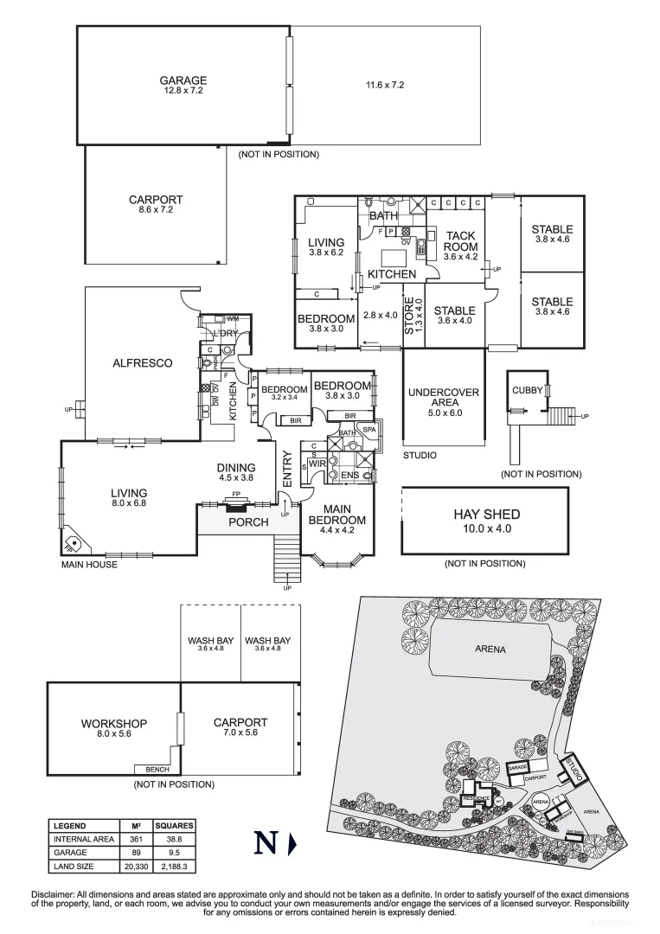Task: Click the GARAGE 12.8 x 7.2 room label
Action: point(183,85)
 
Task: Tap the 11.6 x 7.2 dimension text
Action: point(385,85)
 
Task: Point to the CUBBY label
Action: point(527,390)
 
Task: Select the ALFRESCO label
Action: point(142,363)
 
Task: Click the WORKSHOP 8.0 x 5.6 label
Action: point(113,728)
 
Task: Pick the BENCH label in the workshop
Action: point(157,769)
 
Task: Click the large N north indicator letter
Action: point(266,843)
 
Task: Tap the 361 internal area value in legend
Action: point(135,839)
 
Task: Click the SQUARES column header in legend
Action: point(174,826)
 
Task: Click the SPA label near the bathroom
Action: point(368,430)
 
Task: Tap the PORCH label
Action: point(247,522)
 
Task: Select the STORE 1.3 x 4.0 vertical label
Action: point(414,316)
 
